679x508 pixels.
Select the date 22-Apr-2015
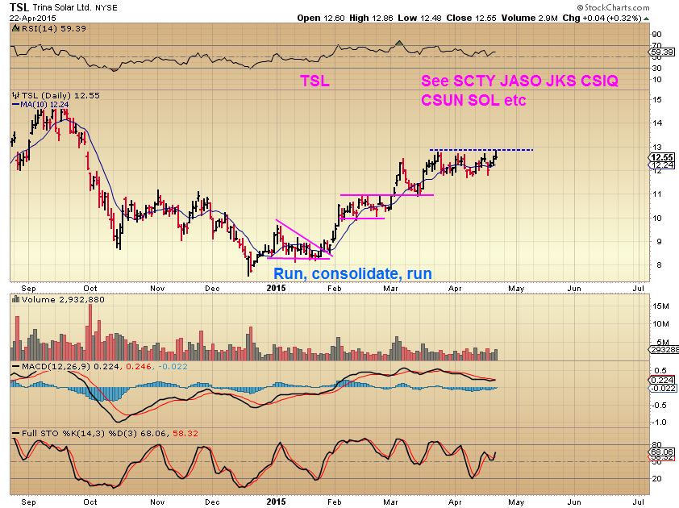[27, 18]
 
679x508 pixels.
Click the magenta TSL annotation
[314, 81]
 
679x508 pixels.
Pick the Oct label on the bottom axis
[90, 286]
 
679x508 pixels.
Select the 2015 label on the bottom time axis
[276, 286]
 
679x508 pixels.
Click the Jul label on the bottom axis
[638, 286]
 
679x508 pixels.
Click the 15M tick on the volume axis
[660, 306]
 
